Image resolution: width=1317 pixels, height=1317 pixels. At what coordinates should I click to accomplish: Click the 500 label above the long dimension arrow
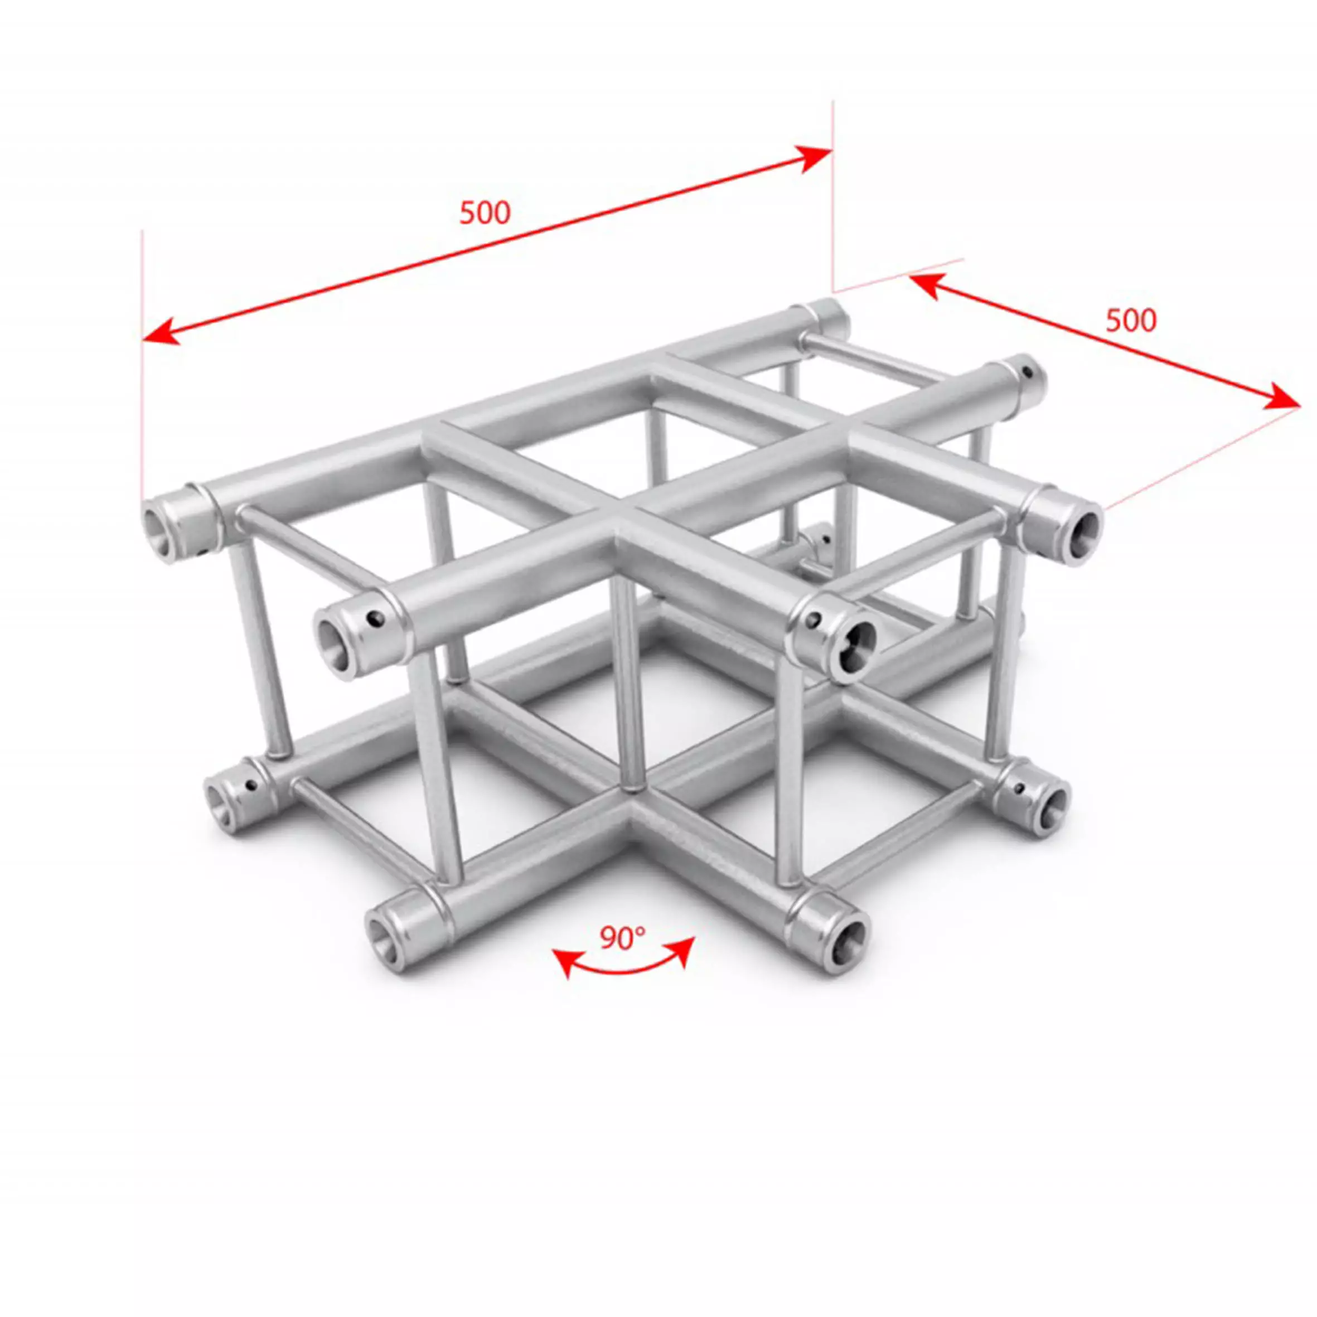[485, 214]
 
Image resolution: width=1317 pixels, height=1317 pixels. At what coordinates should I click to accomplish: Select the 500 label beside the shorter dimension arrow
[1131, 321]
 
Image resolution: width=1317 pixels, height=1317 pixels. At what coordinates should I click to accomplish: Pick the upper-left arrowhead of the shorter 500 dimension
[926, 284]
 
